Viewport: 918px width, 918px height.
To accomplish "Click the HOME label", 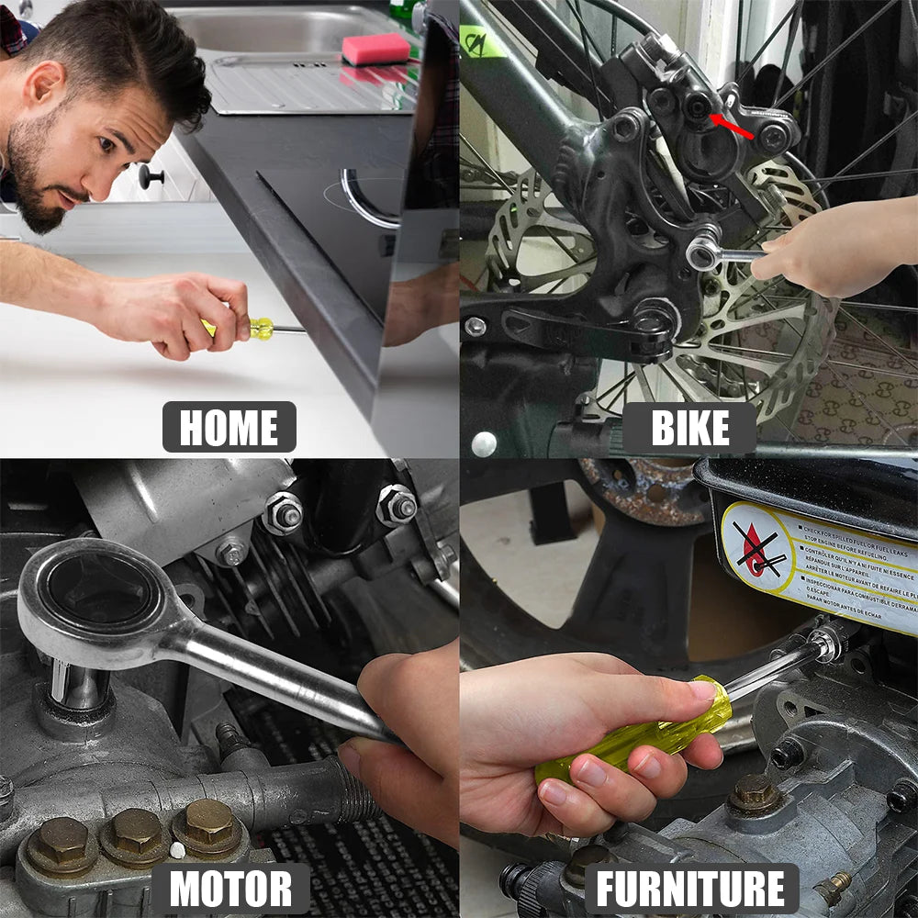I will pos(229,427).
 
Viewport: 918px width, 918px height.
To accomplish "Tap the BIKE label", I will pos(689,428).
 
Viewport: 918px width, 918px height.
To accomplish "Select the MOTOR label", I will pos(230,889).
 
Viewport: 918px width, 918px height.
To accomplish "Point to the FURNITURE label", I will pos(690,889).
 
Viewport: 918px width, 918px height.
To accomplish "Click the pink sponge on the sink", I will pos(375,49).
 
